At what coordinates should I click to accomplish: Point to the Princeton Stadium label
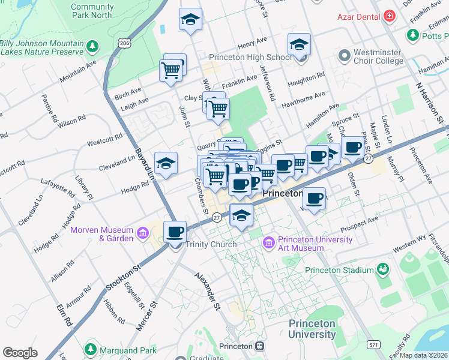340,270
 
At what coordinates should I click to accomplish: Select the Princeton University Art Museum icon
268,243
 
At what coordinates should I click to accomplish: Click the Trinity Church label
211,244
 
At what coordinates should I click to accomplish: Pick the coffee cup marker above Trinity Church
175,231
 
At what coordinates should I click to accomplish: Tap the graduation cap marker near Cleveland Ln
166,162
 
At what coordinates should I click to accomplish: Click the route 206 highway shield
124,43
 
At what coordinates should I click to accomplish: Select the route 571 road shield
373,345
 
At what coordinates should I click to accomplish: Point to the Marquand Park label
127,350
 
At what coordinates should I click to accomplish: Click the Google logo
20,352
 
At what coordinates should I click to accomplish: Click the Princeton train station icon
259,346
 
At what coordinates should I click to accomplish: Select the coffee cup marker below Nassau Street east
313,198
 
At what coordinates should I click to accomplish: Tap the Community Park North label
91,11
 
